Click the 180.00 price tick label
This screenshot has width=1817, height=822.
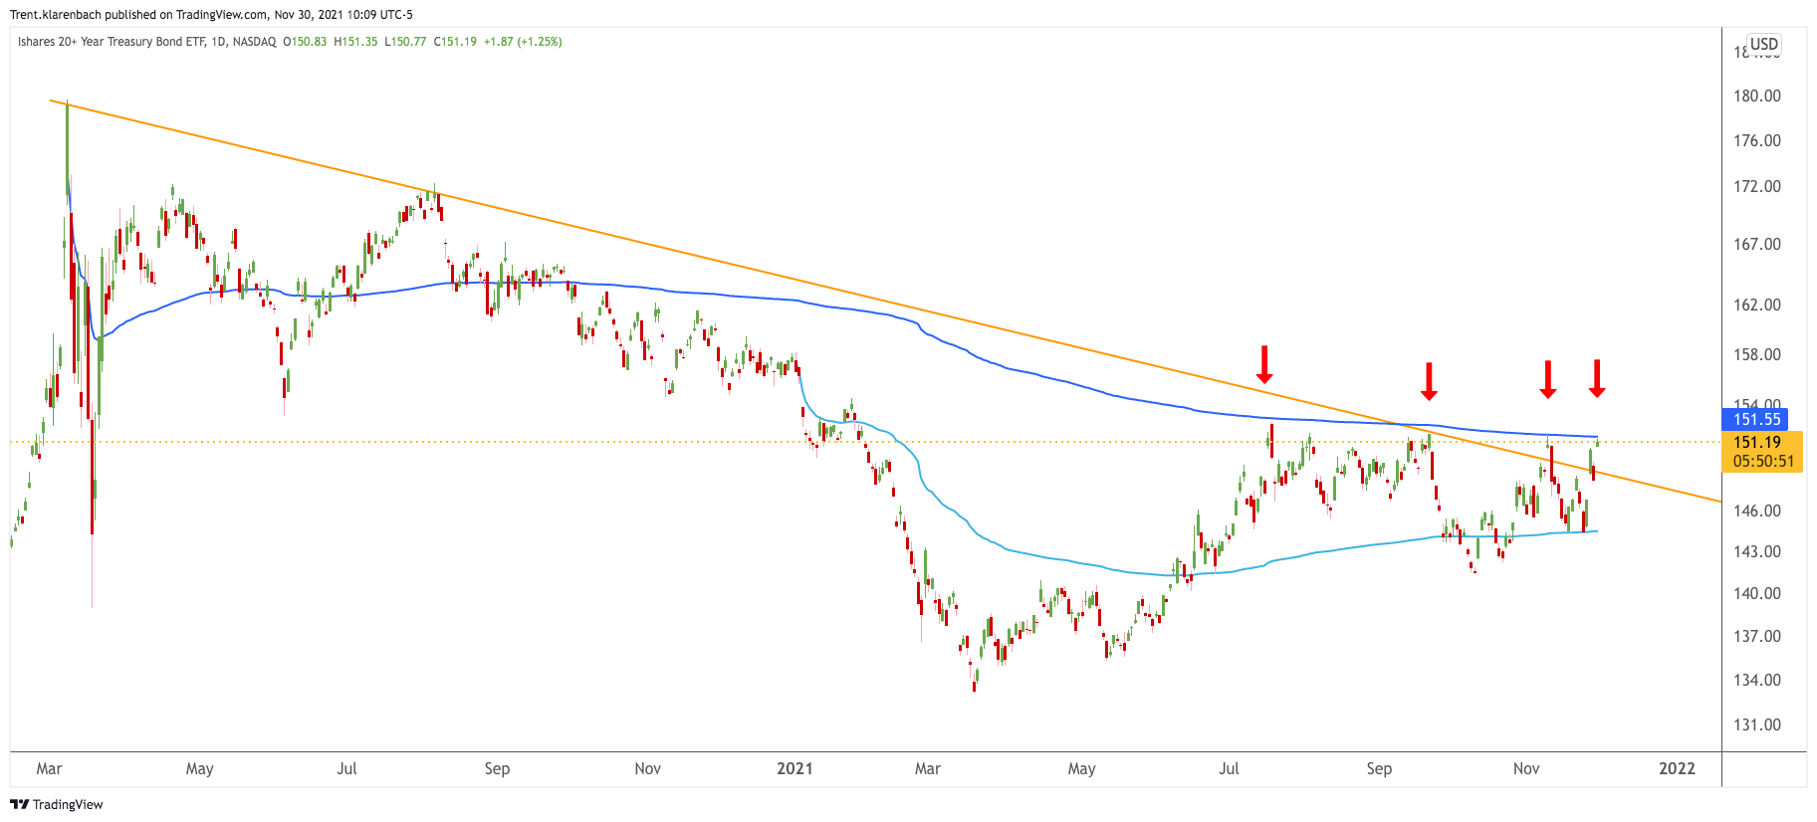click(x=1756, y=96)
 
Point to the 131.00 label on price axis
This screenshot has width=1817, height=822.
click(x=1756, y=724)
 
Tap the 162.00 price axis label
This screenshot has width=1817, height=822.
click(x=1756, y=305)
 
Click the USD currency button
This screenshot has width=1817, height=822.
click(x=1764, y=44)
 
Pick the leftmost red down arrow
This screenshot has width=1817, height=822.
click(x=1264, y=364)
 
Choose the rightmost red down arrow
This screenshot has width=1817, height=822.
click(x=1597, y=378)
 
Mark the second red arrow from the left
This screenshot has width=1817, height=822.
click(x=1429, y=381)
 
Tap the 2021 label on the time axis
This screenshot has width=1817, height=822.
click(x=795, y=768)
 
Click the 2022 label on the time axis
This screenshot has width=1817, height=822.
click(x=1677, y=768)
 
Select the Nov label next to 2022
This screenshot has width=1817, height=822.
click(x=1525, y=768)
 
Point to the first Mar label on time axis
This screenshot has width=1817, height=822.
click(x=49, y=768)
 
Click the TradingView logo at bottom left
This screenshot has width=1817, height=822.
click(x=57, y=804)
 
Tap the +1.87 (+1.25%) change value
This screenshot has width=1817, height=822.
click(x=523, y=42)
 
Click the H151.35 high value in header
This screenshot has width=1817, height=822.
click(x=355, y=42)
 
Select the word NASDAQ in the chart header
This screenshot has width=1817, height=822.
click(x=255, y=42)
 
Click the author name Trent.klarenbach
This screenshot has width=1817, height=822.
click(x=56, y=15)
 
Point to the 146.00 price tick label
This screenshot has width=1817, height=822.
click(x=1756, y=511)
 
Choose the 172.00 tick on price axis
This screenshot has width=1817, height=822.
click(x=1756, y=186)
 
